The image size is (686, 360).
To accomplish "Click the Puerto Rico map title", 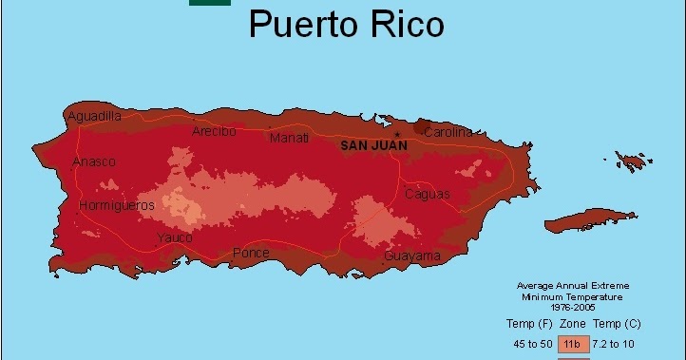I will [x=346, y=24].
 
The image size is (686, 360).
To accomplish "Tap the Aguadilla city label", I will [x=94, y=116].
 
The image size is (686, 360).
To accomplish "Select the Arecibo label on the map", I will [x=213, y=131].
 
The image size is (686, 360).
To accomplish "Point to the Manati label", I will [x=289, y=138].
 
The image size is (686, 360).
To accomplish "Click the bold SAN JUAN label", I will [x=374, y=145].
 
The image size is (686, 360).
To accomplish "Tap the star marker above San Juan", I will [x=397, y=134].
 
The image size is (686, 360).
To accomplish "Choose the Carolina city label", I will [x=448, y=132].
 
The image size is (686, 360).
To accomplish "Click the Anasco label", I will [x=94, y=161].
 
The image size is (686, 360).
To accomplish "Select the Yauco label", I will [x=175, y=237].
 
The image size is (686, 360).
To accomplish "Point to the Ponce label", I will [x=251, y=253].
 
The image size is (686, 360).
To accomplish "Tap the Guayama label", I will [x=412, y=256].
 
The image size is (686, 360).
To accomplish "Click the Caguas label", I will [x=428, y=194].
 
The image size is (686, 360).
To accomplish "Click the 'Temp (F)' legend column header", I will [x=526, y=323].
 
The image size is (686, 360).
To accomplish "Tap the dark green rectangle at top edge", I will [x=209, y=3].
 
